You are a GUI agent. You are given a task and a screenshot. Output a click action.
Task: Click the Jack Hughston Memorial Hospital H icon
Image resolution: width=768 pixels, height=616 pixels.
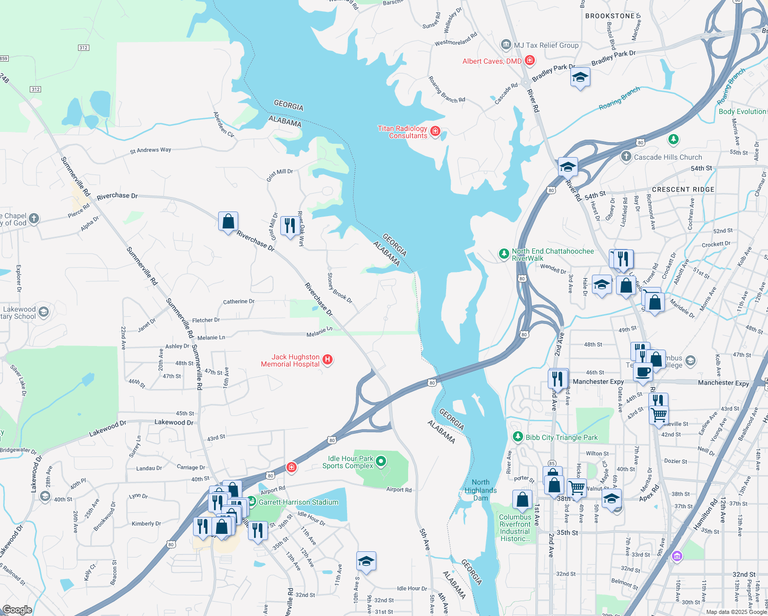[328, 360]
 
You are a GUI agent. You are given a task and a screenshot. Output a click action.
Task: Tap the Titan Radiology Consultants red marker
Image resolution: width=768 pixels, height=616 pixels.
[435, 132]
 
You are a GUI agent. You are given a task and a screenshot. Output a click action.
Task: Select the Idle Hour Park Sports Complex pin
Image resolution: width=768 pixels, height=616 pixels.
[381, 461]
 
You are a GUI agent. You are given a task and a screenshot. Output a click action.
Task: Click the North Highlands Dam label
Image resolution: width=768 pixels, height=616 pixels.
[481, 490]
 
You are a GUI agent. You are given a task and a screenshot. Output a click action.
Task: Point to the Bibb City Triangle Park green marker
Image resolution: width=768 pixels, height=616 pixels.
[517, 437]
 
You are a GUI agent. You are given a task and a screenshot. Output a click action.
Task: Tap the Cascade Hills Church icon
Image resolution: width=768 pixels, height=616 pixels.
[626, 157]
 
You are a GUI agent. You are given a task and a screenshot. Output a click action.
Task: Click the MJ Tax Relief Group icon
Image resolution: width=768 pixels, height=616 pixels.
[506, 45]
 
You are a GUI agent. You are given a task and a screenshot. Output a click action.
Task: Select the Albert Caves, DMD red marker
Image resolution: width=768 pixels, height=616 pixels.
[530, 61]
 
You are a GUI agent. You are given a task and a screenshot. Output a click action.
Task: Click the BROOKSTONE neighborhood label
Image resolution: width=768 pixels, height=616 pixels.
[610, 16]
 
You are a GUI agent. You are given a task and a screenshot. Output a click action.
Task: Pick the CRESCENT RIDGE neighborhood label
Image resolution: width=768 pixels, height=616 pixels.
[683, 189]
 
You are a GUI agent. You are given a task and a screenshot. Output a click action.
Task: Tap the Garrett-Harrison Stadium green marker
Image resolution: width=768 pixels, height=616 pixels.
[252, 502]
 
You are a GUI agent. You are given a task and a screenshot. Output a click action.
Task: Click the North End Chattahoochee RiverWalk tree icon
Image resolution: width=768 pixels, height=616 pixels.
[504, 254]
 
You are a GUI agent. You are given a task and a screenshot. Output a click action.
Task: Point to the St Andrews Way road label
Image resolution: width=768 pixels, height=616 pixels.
[150, 150]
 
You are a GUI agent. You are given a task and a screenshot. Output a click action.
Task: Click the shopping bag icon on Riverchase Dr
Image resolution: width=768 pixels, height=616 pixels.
[228, 222]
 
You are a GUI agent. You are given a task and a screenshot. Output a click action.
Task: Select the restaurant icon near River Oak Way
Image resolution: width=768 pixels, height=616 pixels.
[290, 226]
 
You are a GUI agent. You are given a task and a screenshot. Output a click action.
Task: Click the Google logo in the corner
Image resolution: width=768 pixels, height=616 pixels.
[17, 609]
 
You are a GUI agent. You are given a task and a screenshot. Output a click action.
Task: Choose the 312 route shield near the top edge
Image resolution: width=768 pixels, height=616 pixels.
[84, 48]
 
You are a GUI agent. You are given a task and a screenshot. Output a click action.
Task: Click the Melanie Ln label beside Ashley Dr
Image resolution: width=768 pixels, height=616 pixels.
[211, 338]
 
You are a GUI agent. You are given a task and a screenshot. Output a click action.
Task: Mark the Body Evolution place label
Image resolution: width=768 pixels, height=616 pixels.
[742, 111]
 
